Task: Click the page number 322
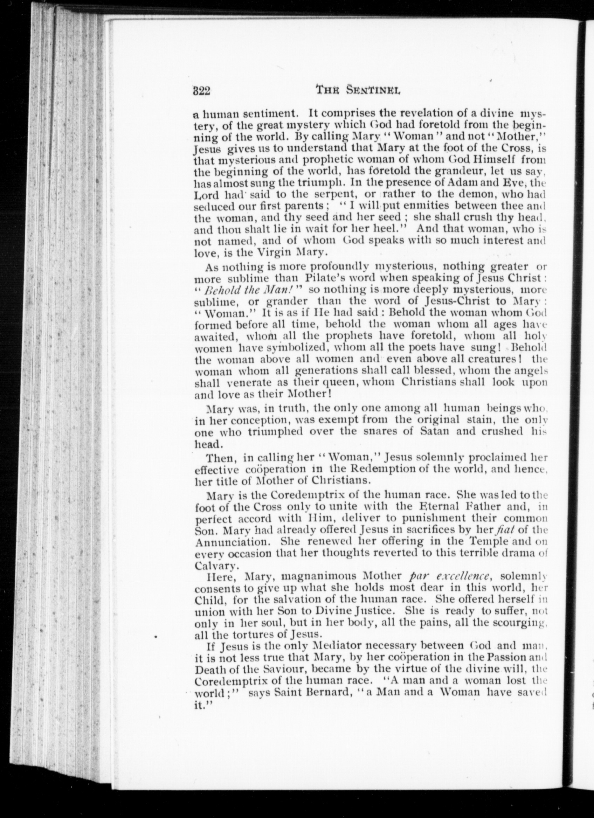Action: tap(201, 91)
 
